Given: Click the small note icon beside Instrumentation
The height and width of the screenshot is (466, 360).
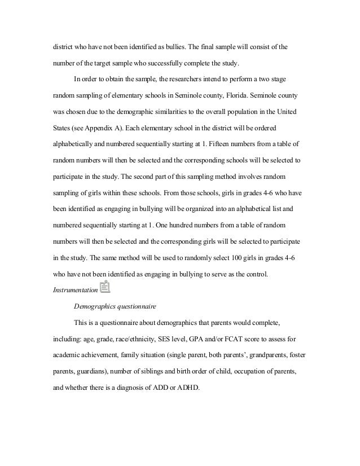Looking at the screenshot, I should pyautogui.click(x=104, y=288).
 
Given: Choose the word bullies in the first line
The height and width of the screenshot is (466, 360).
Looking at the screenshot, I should pyautogui.click(x=174, y=46).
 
